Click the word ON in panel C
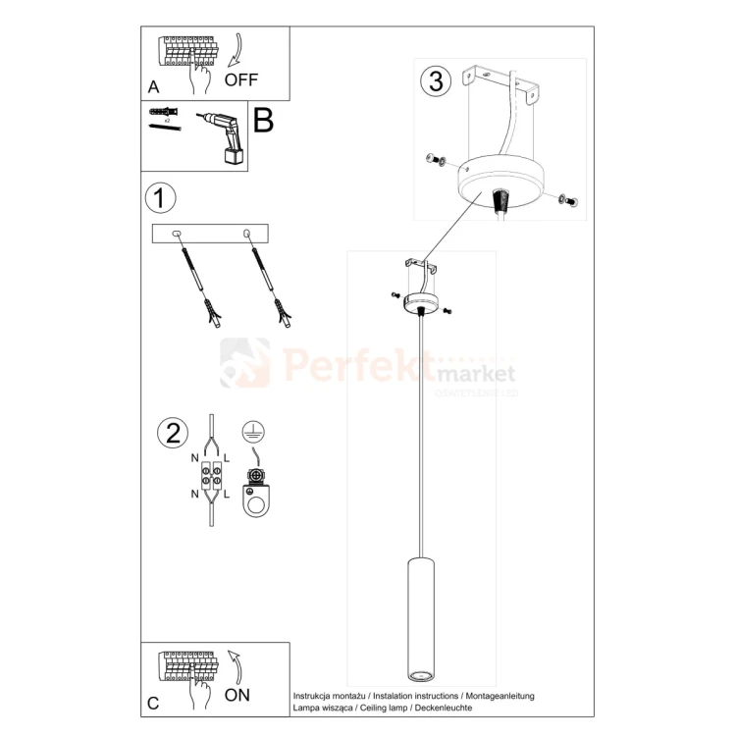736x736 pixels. point(237,695)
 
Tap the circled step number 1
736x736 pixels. point(160,197)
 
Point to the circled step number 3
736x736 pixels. point(436,81)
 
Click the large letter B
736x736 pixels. point(263,121)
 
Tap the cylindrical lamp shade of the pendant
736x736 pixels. point(421,618)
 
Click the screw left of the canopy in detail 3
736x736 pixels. point(435,159)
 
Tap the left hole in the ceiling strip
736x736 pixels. point(177,234)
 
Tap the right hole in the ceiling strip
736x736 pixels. point(246,234)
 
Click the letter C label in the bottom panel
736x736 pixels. point(152,703)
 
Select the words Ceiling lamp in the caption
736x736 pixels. point(392,707)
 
